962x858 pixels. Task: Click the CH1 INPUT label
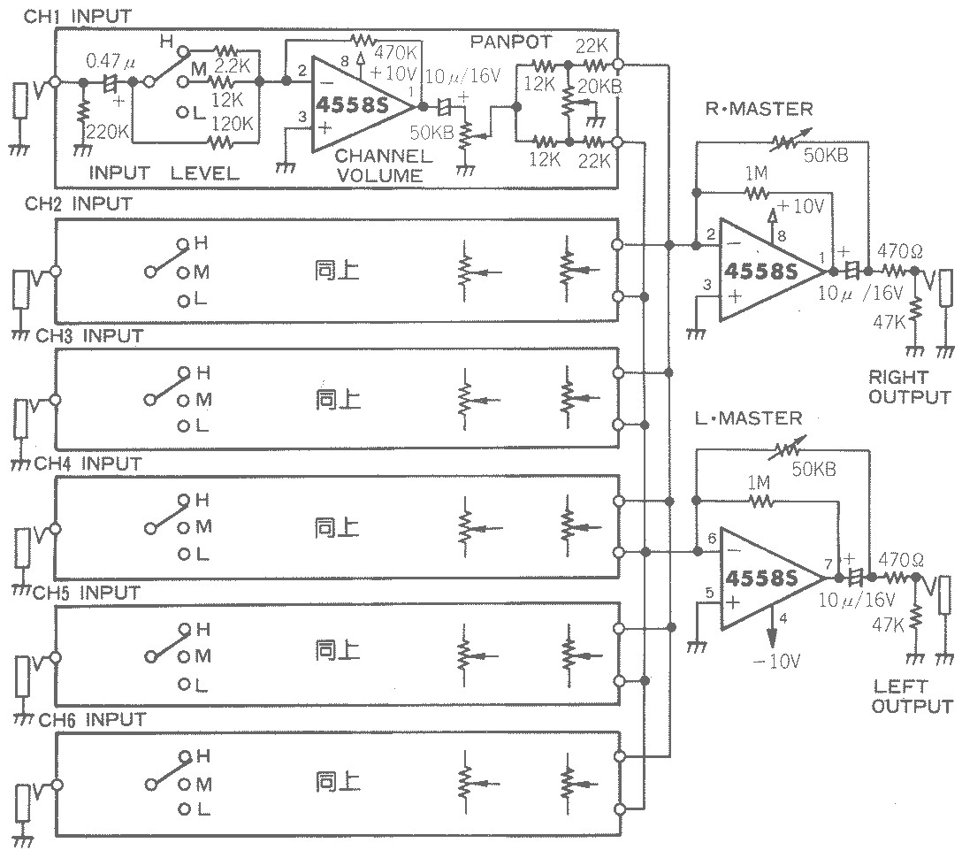78,17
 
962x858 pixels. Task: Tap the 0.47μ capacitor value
111,61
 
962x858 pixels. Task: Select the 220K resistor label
108,131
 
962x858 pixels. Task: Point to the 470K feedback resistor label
396,52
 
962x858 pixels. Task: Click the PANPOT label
510,42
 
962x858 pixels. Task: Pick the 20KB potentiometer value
599,87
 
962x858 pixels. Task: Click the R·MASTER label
759,110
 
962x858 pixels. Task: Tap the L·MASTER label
749,418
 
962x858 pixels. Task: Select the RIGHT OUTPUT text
909,387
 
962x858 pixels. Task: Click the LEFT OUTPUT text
912,696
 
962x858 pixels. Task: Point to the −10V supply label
776,661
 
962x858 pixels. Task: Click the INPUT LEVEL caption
164,173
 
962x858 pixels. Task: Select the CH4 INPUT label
88,464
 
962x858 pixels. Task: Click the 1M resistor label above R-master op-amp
757,174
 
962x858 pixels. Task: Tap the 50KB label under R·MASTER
826,156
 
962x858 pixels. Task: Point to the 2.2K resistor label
232,66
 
